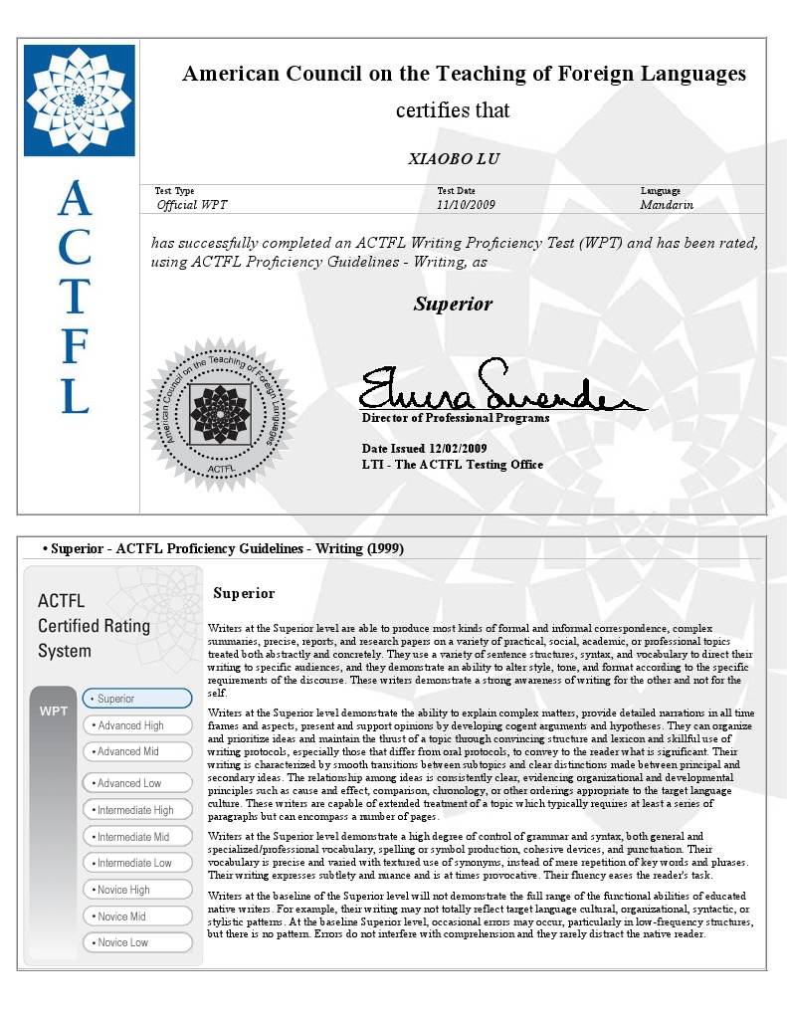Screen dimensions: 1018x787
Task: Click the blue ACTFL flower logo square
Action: coord(79,100)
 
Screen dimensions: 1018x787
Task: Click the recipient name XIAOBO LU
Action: coord(454,159)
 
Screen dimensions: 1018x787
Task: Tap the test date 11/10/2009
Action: coord(466,205)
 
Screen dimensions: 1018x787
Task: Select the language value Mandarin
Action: coord(667,205)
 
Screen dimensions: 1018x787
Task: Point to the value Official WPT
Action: coord(192,205)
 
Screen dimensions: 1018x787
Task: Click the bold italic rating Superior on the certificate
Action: coord(453,304)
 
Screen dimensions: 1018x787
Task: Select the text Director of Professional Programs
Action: coord(456,419)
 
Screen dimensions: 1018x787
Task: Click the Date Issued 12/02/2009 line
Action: coord(425,448)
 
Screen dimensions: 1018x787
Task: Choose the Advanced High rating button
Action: coord(137,725)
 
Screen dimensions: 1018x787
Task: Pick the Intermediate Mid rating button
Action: coord(137,837)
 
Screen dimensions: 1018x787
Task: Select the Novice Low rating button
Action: coord(137,942)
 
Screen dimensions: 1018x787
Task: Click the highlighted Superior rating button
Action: coord(137,699)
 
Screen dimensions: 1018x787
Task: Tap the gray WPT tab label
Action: coord(53,712)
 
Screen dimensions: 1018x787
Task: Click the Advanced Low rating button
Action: coord(137,783)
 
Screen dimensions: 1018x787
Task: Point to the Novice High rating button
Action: coord(137,890)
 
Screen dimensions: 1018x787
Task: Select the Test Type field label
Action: coord(175,191)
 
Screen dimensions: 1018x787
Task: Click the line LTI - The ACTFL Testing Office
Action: coord(453,465)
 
